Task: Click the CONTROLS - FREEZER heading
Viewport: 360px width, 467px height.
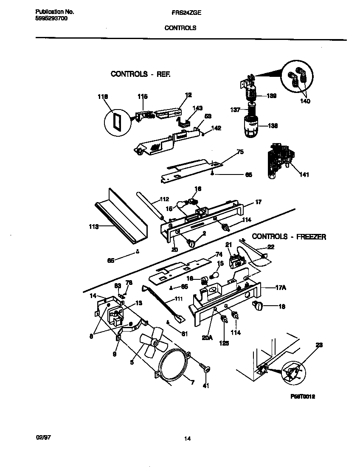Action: click(289, 237)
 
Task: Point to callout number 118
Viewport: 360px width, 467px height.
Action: click(103, 97)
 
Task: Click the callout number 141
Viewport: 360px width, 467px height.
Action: click(304, 174)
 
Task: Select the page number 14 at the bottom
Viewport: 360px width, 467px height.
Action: click(187, 439)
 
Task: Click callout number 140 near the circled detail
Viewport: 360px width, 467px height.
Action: click(305, 101)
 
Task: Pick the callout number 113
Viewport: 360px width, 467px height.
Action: click(93, 227)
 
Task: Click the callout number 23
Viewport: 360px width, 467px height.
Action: click(319, 346)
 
